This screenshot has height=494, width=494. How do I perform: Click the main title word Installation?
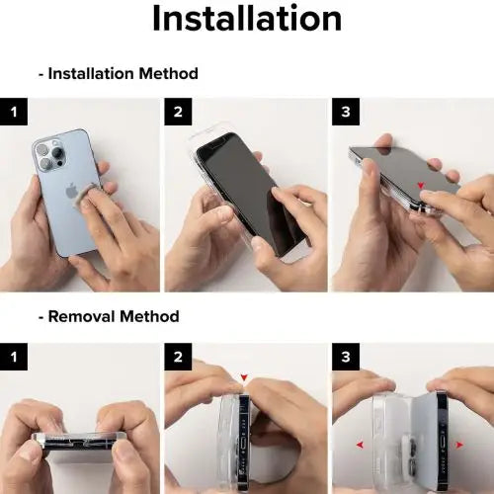click(247, 18)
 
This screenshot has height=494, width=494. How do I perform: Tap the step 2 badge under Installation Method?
click(178, 112)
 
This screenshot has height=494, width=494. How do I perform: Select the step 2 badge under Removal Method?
click(178, 356)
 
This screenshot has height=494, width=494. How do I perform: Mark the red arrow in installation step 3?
click(422, 184)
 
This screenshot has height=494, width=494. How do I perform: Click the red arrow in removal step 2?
click(244, 376)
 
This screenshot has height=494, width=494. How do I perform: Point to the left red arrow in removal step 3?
click(359, 446)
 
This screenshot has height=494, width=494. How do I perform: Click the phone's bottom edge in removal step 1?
click(79, 443)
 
